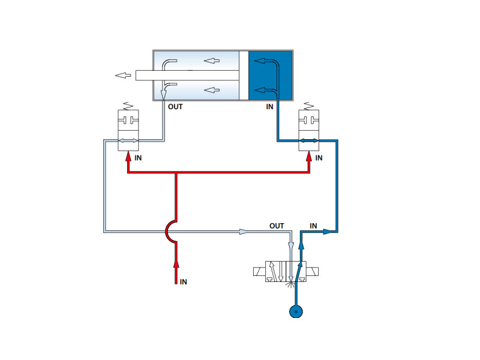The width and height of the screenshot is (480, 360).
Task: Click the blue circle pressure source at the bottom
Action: click(x=296, y=311)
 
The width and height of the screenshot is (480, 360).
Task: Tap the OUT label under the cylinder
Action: click(x=175, y=107)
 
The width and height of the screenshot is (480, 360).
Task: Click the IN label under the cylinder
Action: click(x=269, y=107)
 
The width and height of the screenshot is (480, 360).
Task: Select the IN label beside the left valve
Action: click(x=138, y=158)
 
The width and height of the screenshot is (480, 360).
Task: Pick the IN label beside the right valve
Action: click(x=319, y=158)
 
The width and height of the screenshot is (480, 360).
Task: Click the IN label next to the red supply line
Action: click(x=184, y=282)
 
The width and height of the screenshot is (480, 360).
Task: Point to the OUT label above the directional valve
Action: click(x=277, y=226)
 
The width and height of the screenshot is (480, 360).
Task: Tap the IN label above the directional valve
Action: click(x=313, y=226)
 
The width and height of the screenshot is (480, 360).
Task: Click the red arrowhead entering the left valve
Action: click(x=128, y=157)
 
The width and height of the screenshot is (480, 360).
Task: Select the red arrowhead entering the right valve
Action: click(x=309, y=157)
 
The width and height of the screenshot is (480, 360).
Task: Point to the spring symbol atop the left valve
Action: click(x=128, y=106)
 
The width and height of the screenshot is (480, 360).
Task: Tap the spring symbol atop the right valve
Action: click(x=308, y=106)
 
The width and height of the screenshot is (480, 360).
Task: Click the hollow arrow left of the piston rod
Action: click(x=123, y=76)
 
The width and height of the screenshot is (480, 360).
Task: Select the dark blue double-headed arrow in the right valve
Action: click(x=308, y=140)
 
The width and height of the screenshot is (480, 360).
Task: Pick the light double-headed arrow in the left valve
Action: click(x=128, y=140)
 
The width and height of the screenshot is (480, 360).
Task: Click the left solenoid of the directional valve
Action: click(x=259, y=272)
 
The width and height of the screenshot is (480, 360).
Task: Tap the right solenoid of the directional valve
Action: click(x=312, y=272)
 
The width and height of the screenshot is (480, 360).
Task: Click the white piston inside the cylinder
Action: click(x=244, y=76)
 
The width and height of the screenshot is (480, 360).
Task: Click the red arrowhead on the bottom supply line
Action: click(x=176, y=265)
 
